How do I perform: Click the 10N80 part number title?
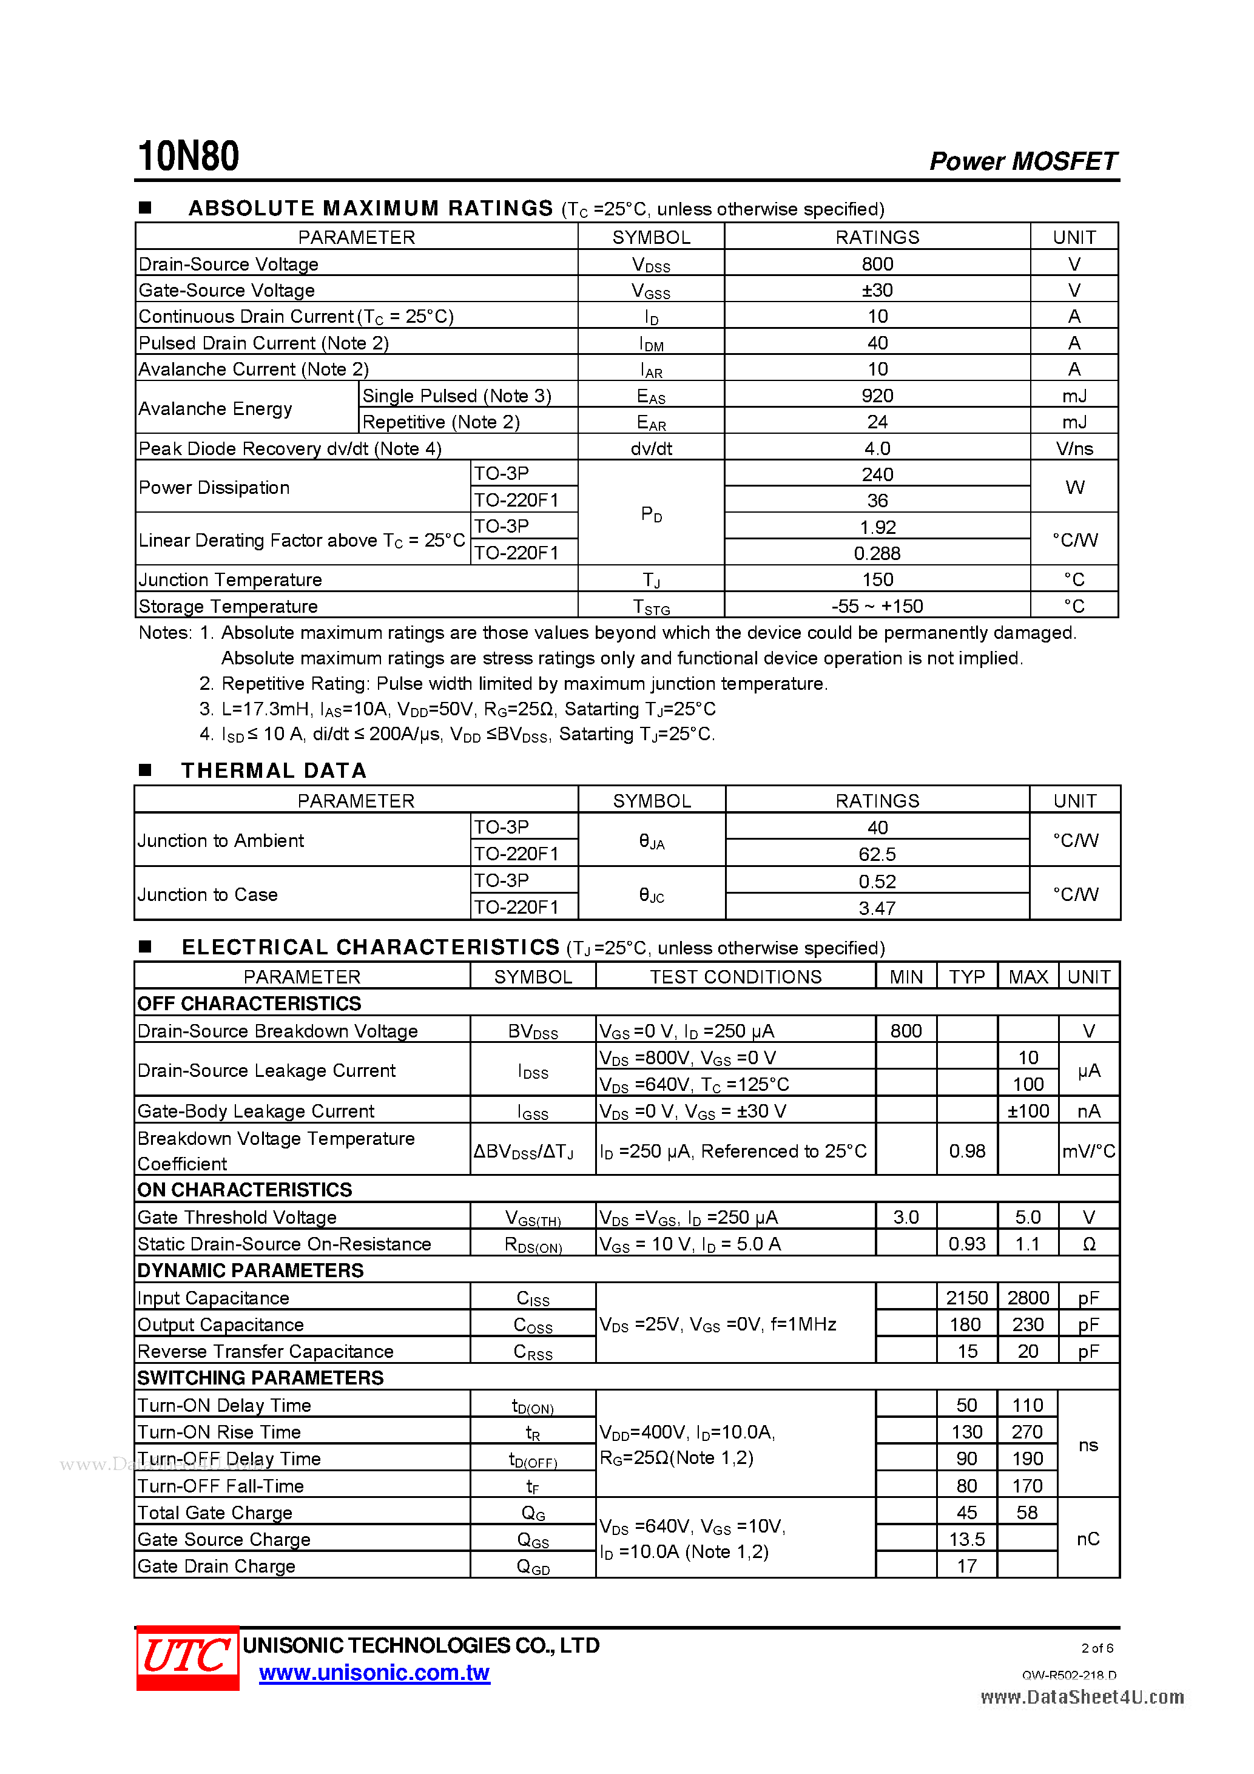pos(189,157)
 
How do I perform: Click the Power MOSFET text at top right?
pos(1022,161)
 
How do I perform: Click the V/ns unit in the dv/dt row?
pos(1074,449)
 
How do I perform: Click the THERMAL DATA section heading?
pos(274,771)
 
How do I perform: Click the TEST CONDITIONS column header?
pos(735,977)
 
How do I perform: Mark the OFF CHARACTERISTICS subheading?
pos(249,1003)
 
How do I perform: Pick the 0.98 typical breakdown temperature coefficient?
pos(966,1152)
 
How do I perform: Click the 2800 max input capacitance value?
pos(1028,1298)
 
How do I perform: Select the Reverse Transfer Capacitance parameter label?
pos(265,1351)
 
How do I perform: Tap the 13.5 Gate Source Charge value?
pos(966,1539)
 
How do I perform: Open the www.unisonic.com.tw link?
pos(374,1673)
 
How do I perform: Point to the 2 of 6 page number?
pos(1096,1648)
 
